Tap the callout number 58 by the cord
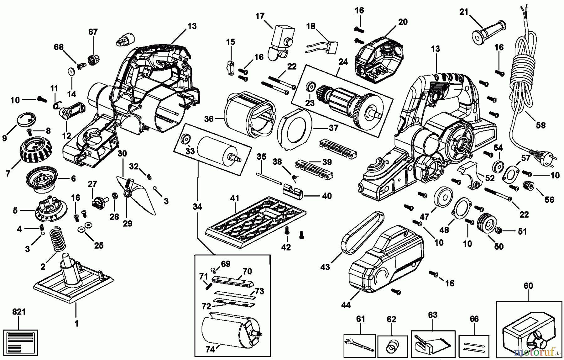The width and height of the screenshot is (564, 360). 540,125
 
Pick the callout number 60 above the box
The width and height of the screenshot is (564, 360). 528,286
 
